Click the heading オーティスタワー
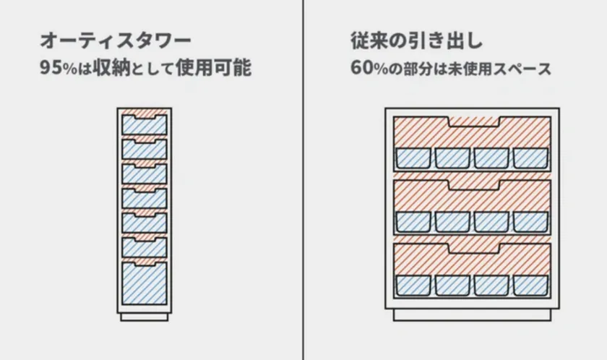click(116, 40)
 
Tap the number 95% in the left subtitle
click(59, 68)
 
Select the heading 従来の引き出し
click(416, 40)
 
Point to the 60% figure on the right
click(369, 68)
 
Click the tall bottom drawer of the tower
click(145, 283)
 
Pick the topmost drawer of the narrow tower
click(145, 124)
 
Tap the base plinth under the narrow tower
click(145, 317)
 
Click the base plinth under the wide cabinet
click(473, 315)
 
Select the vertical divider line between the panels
click(303, 180)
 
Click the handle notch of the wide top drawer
click(474, 122)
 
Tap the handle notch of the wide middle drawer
click(474, 185)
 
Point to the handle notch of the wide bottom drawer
click(474, 249)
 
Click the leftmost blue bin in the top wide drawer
click(413, 158)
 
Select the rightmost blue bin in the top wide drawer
click(530, 158)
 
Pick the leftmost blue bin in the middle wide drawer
click(413, 222)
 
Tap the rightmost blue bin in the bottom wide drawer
click(530, 286)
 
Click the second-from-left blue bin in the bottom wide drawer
click(452, 286)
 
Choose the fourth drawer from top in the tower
click(145, 198)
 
